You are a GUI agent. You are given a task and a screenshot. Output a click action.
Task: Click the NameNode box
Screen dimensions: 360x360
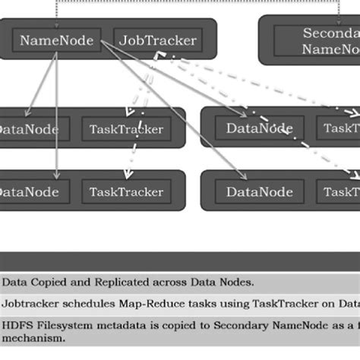56,40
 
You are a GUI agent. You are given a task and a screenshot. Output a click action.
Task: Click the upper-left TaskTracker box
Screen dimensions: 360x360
126,129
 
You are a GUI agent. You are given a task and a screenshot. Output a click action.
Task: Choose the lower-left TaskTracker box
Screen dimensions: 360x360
126,191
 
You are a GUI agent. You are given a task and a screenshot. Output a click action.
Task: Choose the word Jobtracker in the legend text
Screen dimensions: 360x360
30,304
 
